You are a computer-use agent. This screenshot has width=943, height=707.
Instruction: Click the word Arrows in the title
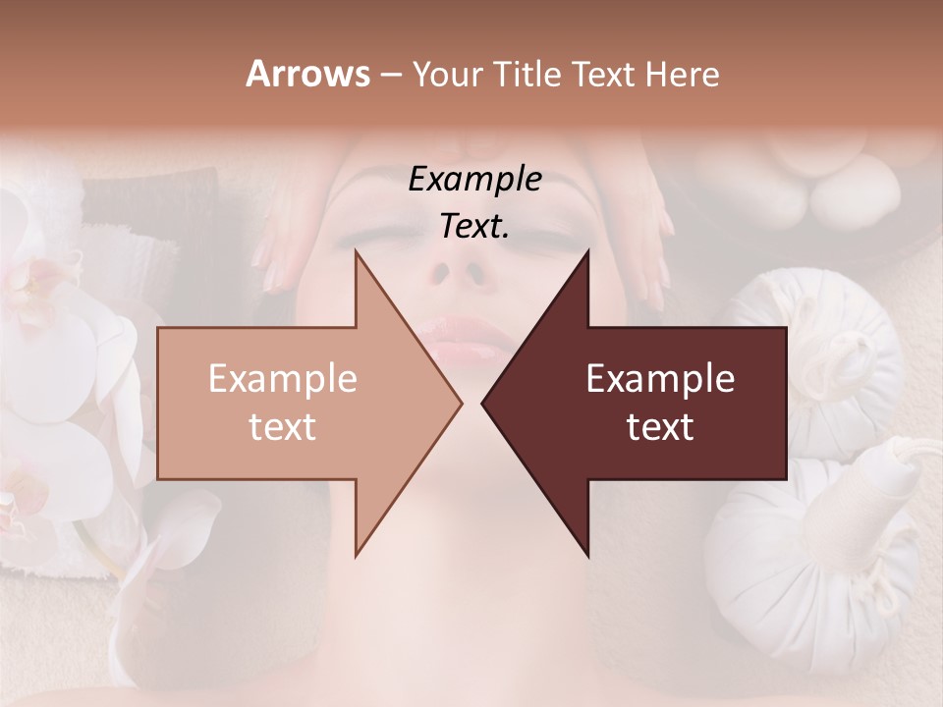(x=307, y=74)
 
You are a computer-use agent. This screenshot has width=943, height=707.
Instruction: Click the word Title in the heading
(x=527, y=74)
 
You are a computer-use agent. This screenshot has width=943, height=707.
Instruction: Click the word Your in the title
(x=448, y=74)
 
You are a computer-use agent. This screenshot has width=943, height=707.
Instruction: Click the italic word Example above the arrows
(x=475, y=179)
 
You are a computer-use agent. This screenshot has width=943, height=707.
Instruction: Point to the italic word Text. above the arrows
(x=475, y=226)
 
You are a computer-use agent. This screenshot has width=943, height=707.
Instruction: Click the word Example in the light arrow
(x=283, y=378)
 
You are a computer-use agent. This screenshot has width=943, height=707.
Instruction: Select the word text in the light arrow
(x=283, y=427)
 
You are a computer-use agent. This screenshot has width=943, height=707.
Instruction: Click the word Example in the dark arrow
(x=660, y=378)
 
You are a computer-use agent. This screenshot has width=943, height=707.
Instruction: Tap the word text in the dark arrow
(x=660, y=427)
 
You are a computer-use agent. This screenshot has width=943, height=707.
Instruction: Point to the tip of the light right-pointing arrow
(x=459, y=403)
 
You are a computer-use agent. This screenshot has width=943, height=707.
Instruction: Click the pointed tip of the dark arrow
(x=484, y=403)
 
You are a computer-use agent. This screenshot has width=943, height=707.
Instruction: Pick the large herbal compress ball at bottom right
(x=815, y=550)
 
